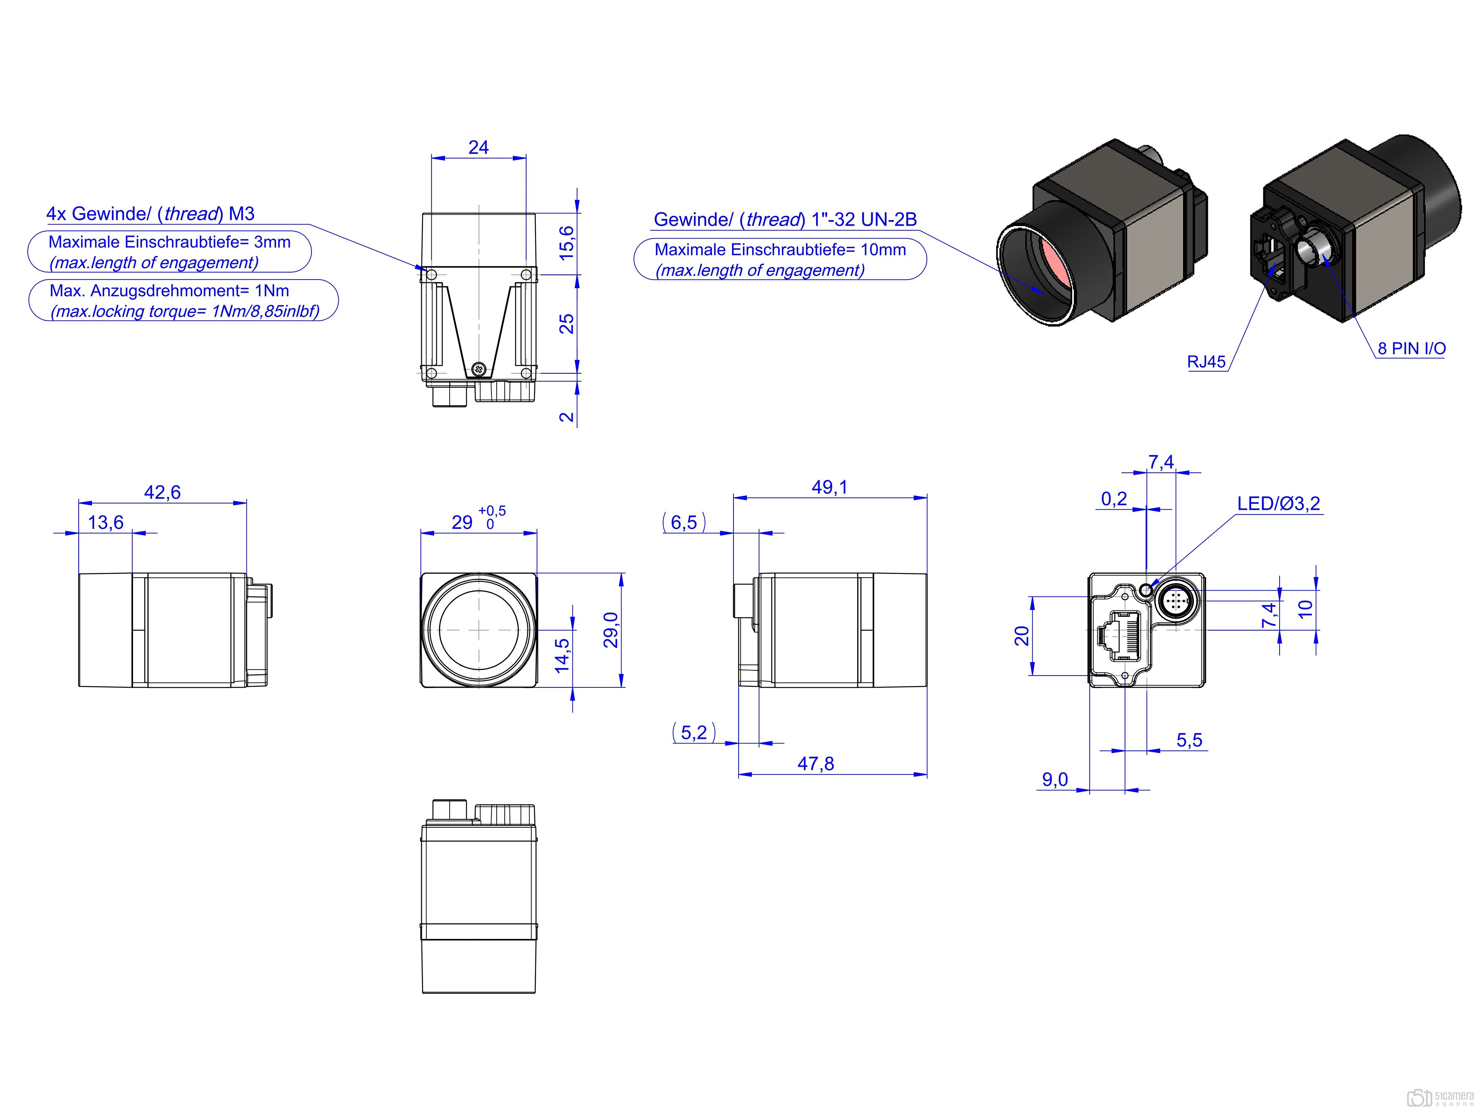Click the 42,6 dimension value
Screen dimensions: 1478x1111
pos(162,492)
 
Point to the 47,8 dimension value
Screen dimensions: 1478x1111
pos(816,763)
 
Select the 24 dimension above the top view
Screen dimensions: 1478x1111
pos(479,147)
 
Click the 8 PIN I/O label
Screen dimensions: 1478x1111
pos(1411,349)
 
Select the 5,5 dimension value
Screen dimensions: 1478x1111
pos(1189,740)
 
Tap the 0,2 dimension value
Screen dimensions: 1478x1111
pos(1114,499)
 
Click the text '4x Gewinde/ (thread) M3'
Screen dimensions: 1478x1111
pos(150,214)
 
